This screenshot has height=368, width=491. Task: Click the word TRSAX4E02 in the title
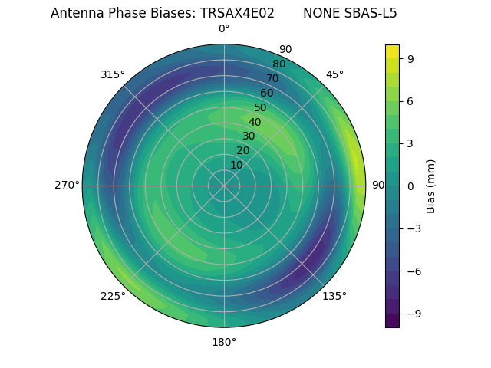click(237, 13)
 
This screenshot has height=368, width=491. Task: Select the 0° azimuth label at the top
click(224, 29)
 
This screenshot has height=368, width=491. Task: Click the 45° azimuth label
click(334, 74)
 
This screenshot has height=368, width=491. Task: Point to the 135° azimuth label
click(334, 296)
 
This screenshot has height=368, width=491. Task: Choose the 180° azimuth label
click(224, 342)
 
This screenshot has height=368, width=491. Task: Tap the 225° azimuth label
click(113, 296)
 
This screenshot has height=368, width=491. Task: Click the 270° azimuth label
click(67, 186)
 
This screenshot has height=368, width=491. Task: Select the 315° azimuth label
click(113, 74)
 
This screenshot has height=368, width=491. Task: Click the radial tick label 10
click(236, 165)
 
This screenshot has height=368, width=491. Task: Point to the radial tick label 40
click(255, 123)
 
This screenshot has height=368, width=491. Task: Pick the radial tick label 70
click(272, 79)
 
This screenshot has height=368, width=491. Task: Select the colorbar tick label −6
click(413, 271)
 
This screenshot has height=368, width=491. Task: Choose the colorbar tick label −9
click(413, 314)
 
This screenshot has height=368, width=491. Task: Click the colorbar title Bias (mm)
click(431, 186)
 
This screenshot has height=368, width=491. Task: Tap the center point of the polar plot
click(224, 186)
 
